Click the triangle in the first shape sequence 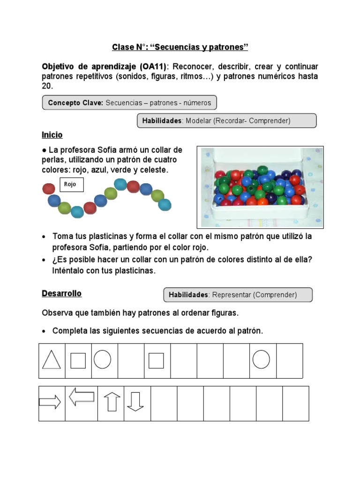52,360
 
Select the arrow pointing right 50,402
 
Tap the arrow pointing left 81,397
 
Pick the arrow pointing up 112,402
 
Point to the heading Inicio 52,135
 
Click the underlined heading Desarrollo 61,293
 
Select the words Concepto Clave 75,103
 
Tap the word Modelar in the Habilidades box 198,121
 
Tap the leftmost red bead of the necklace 49,189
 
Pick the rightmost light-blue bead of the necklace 165,204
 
